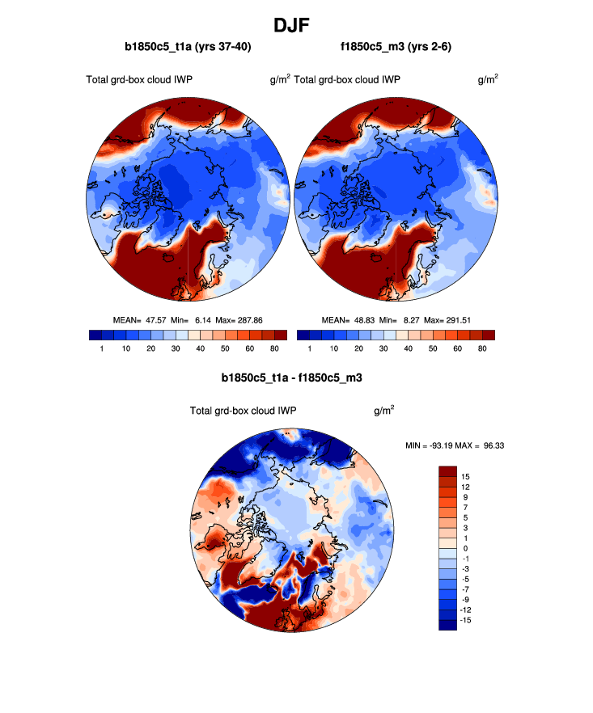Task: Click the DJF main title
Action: click(x=296, y=25)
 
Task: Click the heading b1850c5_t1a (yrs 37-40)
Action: click(x=187, y=48)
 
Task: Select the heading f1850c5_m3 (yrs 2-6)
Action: click(x=396, y=48)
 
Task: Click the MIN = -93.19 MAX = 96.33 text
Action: click(x=454, y=445)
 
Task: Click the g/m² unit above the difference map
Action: click(x=384, y=410)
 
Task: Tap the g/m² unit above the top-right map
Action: click(x=488, y=79)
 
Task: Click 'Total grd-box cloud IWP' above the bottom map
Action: click(x=243, y=411)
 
